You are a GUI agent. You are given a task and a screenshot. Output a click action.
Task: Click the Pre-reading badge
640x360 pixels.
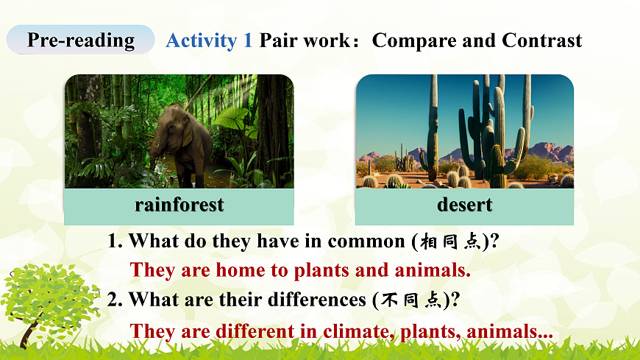click(80, 40)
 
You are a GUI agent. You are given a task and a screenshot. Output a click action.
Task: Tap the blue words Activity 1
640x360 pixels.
click(209, 40)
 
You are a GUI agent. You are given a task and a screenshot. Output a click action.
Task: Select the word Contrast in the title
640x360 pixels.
click(541, 40)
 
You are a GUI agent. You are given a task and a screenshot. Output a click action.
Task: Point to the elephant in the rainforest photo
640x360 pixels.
click(181, 143)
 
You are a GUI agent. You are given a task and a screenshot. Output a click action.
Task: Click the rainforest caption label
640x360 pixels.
click(179, 205)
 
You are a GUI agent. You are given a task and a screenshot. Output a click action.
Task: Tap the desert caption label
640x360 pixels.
click(464, 205)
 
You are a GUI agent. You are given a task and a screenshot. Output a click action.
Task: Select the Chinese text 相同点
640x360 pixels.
click(451, 241)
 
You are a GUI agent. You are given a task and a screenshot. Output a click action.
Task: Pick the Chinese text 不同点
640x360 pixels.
click(411, 300)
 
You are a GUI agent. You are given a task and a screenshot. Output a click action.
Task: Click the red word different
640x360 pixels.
click(255, 331)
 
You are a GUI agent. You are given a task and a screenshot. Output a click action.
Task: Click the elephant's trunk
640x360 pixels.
click(154, 149)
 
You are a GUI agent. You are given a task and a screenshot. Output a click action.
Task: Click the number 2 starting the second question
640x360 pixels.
click(113, 300)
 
